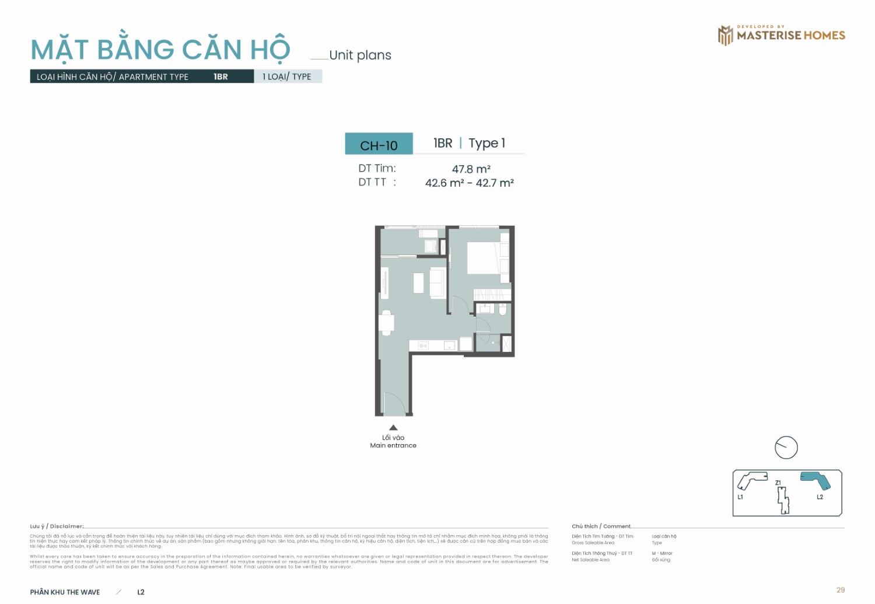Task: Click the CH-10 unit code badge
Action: (379, 144)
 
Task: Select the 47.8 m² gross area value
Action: (471, 169)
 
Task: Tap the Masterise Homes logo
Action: (781, 35)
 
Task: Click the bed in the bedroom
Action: (484, 258)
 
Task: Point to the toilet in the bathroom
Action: (503, 309)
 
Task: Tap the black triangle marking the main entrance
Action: (393, 427)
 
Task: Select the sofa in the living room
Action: (437, 283)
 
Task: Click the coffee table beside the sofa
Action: (418, 283)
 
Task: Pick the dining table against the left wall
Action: (386, 323)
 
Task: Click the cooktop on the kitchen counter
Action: (423, 346)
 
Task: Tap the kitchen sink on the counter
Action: (449, 346)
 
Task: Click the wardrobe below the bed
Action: (492, 295)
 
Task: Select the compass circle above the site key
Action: (786, 448)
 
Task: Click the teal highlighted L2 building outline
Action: (816, 480)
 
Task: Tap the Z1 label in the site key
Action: (778, 483)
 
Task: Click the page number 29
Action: (840, 590)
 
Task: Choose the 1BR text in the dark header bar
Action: (220, 76)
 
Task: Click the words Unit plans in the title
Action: (360, 55)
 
